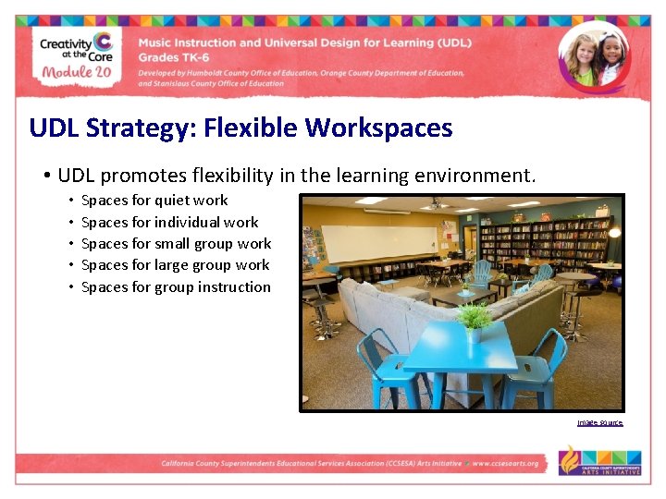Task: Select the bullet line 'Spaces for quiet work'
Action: pyautogui.click(x=154, y=200)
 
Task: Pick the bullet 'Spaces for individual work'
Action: pyautogui.click(x=169, y=222)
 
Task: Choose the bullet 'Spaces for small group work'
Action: pyautogui.click(x=176, y=243)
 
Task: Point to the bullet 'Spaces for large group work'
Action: pyautogui.click(x=175, y=264)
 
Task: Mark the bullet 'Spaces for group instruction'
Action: pyautogui.click(x=176, y=286)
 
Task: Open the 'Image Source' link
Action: pyautogui.click(x=599, y=423)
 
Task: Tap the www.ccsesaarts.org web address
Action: pyautogui.click(x=505, y=464)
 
